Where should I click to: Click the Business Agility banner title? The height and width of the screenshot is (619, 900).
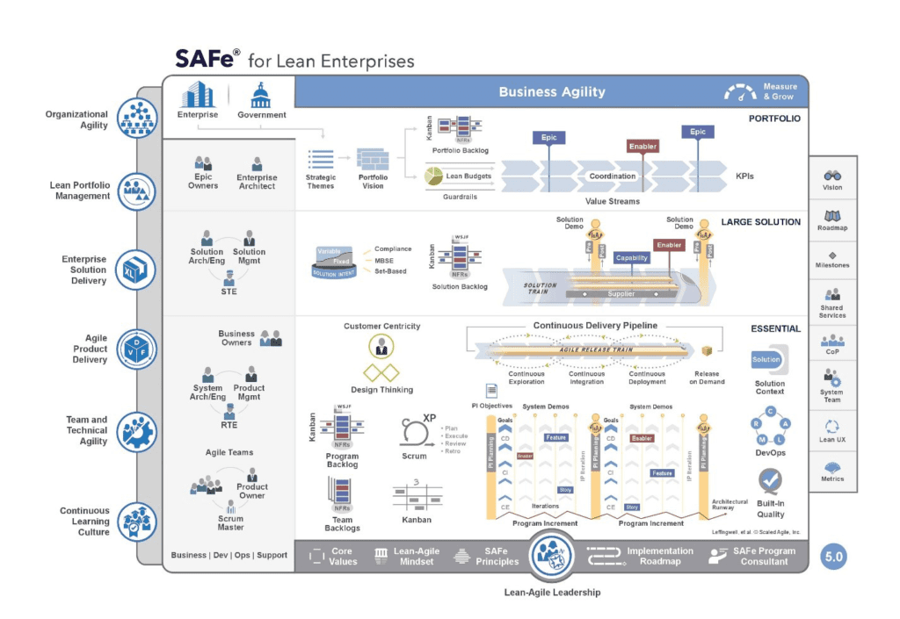(552, 91)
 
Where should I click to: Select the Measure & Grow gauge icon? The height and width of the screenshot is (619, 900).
(739, 91)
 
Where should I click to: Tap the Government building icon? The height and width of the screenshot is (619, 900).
(261, 95)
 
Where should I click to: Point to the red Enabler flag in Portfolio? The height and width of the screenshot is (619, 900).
(642, 147)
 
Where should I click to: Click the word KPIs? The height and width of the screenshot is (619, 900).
(744, 176)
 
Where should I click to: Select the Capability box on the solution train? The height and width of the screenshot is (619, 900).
(632, 258)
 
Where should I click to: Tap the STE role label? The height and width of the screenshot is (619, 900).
(228, 292)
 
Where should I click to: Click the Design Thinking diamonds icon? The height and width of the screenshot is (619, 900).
(381, 371)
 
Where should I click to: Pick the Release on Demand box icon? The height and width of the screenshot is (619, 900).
(705, 351)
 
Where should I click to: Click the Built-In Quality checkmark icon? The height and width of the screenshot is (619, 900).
(770, 480)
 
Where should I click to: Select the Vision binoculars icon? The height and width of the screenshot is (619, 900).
(831, 176)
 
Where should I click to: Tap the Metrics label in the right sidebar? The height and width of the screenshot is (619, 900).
(831, 479)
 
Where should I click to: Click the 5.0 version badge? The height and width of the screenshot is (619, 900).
(833, 557)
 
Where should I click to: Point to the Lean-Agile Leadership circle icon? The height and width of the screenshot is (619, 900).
(552, 557)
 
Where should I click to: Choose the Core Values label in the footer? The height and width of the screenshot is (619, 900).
(343, 557)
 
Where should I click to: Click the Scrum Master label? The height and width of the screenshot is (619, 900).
(231, 522)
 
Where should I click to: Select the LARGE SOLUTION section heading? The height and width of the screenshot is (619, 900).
(760, 222)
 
